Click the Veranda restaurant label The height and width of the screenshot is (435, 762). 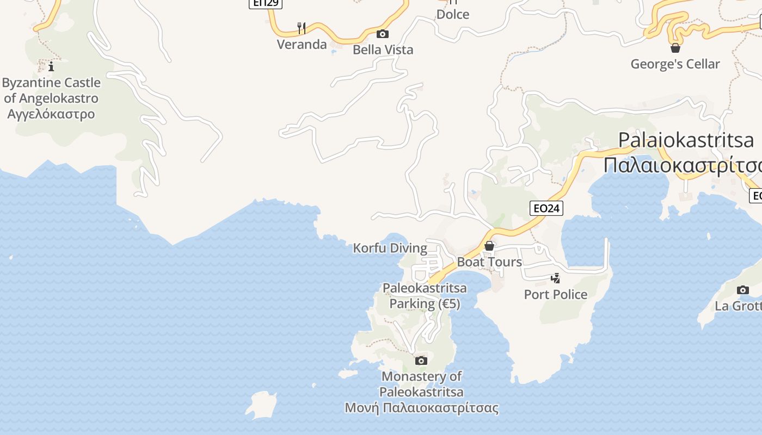point(302,44)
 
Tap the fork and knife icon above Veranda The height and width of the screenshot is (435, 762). point(302,28)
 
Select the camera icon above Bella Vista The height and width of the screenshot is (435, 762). point(383,34)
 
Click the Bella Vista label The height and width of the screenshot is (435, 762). point(383,49)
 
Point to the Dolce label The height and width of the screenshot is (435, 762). point(453,14)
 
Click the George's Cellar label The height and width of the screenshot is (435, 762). point(675,64)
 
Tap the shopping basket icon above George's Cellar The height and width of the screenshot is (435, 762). point(675,48)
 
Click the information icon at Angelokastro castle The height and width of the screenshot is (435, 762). point(51,67)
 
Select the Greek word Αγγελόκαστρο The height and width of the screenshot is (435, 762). point(51,114)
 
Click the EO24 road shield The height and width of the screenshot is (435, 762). point(546,208)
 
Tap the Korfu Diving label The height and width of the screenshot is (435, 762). point(390,248)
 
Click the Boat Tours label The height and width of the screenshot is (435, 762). point(489,262)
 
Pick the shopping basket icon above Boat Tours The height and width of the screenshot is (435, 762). point(489,246)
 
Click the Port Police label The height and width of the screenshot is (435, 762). point(556,294)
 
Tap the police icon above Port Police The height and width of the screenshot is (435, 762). point(555,278)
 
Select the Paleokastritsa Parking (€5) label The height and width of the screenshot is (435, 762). point(425,296)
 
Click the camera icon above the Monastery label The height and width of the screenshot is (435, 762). point(421,361)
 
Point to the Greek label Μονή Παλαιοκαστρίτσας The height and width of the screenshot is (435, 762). point(422,408)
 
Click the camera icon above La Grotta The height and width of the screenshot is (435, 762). point(743,290)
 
